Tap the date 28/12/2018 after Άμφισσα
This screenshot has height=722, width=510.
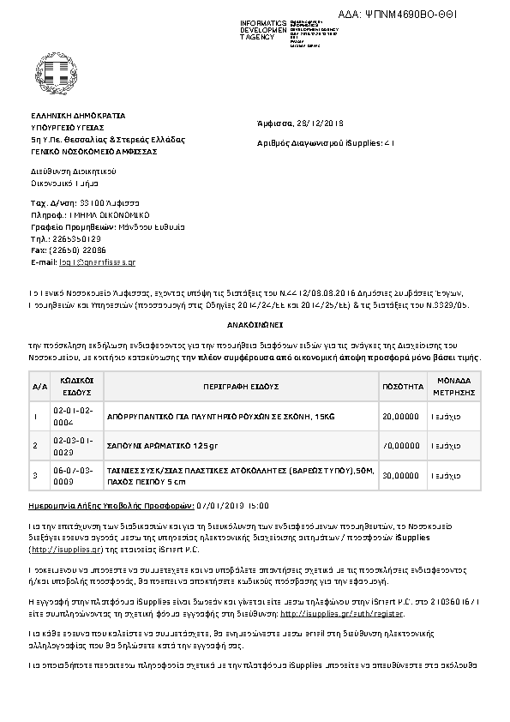point(324,123)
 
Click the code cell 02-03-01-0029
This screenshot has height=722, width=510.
point(77,445)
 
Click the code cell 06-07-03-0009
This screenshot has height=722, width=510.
point(77,474)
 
